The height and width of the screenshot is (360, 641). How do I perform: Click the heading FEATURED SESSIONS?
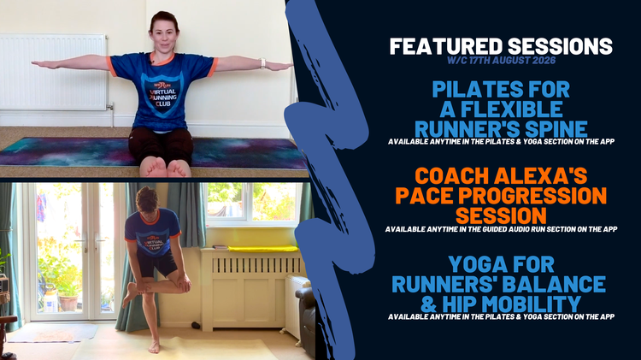(501, 46)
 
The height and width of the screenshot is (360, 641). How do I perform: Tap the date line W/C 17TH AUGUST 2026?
(501, 61)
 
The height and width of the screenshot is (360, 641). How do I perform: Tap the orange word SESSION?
(501, 215)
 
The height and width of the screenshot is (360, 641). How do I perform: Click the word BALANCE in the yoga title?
(554, 284)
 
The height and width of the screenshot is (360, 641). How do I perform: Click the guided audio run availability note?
(501, 229)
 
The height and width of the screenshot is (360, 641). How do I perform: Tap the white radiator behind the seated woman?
(54, 72)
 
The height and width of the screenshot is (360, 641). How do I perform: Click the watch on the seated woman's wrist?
(262, 63)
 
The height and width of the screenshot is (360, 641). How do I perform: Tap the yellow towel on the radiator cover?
(263, 248)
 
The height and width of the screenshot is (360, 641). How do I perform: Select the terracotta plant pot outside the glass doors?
(68, 304)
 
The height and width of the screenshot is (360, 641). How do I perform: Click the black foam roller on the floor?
(197, 326)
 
